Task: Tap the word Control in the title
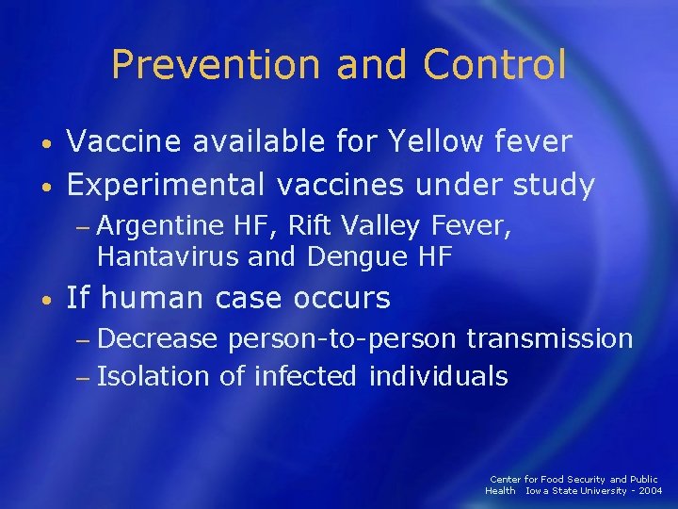[x=495, y=64]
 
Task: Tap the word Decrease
[x=156, y=338]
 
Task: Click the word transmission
[x=550, y=338]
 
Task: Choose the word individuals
[x=439, y=377]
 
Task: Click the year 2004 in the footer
[x=649, y=491]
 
